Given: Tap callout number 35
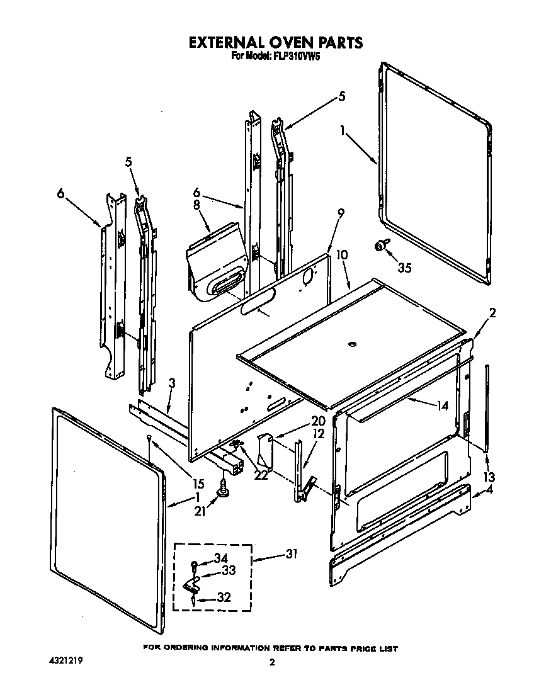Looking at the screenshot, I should pyautogui.click(x=404, y=268).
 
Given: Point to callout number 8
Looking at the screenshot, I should pyautogui.click(x=196, y=205).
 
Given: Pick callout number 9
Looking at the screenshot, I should pyautogui.click(x=341, y=213).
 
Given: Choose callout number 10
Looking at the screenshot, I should pyautogui.click(x=342, y=254).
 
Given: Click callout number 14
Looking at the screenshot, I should pyautogui.click(x=442, y=406).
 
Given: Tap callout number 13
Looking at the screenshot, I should pyautogui.click(x=489, y=476).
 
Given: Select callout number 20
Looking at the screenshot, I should pyautogui.click(x=318, y=421).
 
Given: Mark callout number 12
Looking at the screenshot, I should pyautogui.click(x=319, y=434).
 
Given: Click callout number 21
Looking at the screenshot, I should pyautogui.click(x=200, y=512).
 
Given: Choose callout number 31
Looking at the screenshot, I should pyautogui.click(x=290, y=554).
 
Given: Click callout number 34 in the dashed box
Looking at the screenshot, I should pyautogui.click(x=220, y=558).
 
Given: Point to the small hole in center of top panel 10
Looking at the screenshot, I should pyautogui.click(x=351, y=344).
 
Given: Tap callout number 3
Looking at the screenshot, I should pyautogui.click(x=172, y=383).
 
